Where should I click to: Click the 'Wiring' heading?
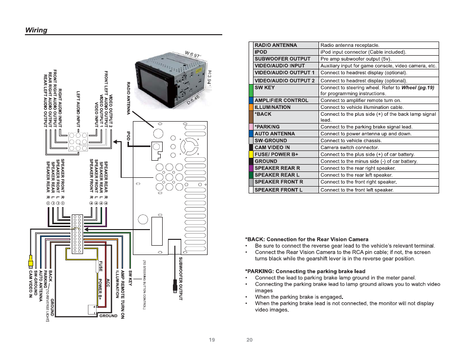click(36, 30)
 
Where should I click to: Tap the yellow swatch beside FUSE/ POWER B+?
click(251, 154)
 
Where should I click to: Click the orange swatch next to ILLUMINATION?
click(251, 107)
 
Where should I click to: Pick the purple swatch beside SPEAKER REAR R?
click(251, 168)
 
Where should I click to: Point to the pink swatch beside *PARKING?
click(251, 127)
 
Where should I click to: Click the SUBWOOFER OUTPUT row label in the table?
click(282, 59)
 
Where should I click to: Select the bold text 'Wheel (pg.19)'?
click(418, 88)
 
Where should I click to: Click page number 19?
click(212, 340)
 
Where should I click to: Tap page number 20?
click(249, 340)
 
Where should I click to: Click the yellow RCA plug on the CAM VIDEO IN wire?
click(30, 261)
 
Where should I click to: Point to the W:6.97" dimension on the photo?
click(193, 55)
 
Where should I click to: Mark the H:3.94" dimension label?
click(209, 78)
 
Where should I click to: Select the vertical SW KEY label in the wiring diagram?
click(130, 278)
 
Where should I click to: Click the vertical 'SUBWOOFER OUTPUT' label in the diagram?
click(181, 278)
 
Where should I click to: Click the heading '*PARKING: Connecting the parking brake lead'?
click(305, 272)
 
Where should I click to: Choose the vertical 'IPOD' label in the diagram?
click(128, 136)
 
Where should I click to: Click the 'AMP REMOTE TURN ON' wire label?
click(123, 295)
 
